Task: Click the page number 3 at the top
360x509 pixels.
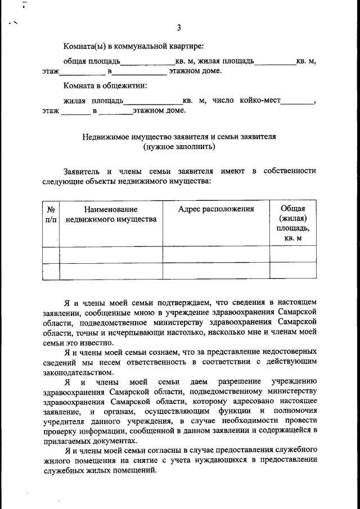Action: tap(178, 28)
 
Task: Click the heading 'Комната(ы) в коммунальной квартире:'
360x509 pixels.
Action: tap(133, 46)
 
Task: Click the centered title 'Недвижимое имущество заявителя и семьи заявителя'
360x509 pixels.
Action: tap(179, 137)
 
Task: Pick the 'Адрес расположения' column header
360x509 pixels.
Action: tap(216, 209)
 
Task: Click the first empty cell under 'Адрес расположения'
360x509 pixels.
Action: tap(216, 255)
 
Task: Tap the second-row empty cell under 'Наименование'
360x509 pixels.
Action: tap(111, 271)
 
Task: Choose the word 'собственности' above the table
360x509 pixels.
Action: tap(290, 171)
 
